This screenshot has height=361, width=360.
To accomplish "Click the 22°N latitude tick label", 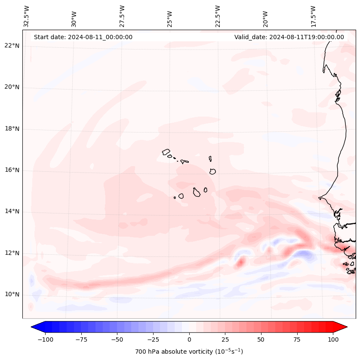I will [x=12, y=46].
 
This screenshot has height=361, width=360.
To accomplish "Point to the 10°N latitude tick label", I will [x=12, y=294].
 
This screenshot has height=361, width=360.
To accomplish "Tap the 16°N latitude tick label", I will [x=12, y=170].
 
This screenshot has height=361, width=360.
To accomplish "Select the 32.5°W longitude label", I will [x=27, y=15].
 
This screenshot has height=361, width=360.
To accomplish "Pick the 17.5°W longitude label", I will [x=313, y=15].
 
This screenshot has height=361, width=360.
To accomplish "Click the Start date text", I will [x=83, y=37].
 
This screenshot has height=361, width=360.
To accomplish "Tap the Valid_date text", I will [x=289, y=37].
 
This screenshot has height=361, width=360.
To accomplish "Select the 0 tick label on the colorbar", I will [x=189, y=339].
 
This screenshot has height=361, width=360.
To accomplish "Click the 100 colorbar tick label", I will [x=333, y=339].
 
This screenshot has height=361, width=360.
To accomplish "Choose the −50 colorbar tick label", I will [x=117, y=339].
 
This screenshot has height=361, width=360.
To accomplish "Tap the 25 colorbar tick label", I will [x=225, y=339].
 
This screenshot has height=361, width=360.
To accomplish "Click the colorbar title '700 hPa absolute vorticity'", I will [x=189, y=352].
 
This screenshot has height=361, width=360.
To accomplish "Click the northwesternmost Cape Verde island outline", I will [x=166, y=152].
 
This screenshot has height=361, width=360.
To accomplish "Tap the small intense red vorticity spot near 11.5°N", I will [x=241, y=261].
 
